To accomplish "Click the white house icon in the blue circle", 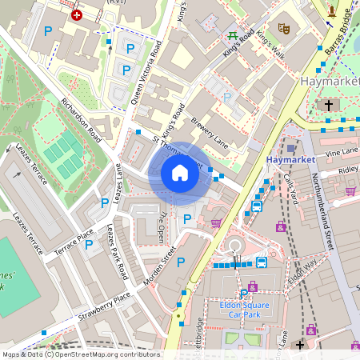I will tap(180, 173).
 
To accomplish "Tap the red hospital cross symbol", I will tap(77, 14).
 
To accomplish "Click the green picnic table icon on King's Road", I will tap(233, 35).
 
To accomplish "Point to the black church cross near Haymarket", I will tap(328, 106).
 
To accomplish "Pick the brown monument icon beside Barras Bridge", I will tap(332, 10).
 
